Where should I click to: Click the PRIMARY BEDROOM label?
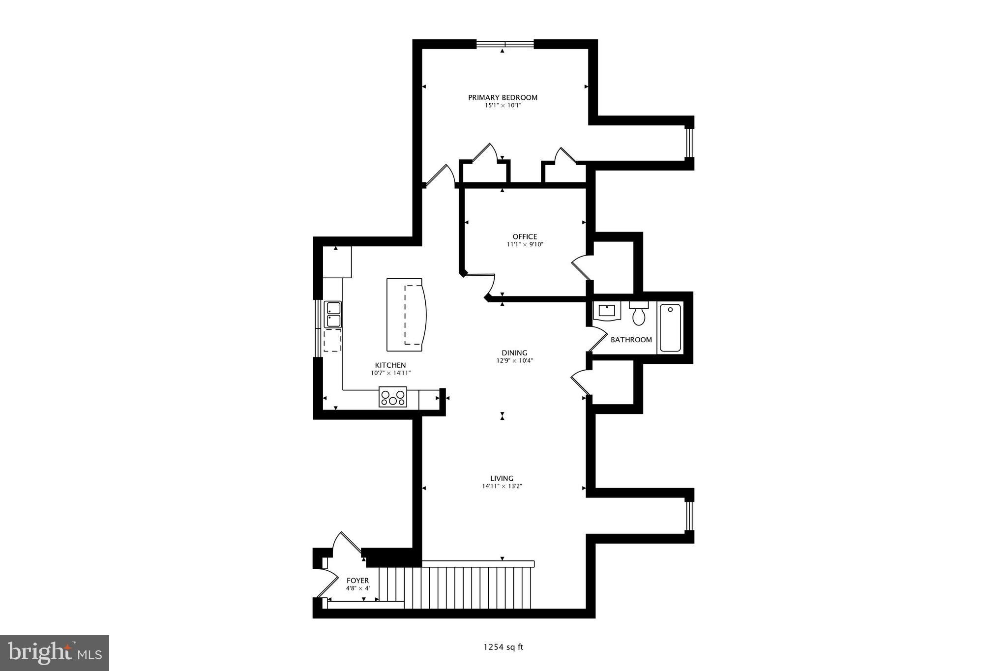point(503,97)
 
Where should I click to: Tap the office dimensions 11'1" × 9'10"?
point(525,244)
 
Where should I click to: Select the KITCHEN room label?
point(390,365)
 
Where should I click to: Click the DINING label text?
point(514,352)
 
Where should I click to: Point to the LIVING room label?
point(502,478)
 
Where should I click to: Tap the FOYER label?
point(357,581)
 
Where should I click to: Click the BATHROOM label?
point(631,340)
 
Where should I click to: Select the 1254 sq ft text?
point(503,647)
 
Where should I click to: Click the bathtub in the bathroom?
point(670,327)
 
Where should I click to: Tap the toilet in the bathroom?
point(639,314)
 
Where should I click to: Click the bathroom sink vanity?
point(607,311)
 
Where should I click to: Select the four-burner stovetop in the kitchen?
point(393,397)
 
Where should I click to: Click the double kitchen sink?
point(333,315)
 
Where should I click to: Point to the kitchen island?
point(406,315)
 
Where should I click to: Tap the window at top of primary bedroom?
point(505,44)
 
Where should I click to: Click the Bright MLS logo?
point(55,653)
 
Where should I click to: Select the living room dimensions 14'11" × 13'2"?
point(502,486)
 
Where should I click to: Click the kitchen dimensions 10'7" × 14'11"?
point(390,373)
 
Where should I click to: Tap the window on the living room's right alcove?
point(689,516)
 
